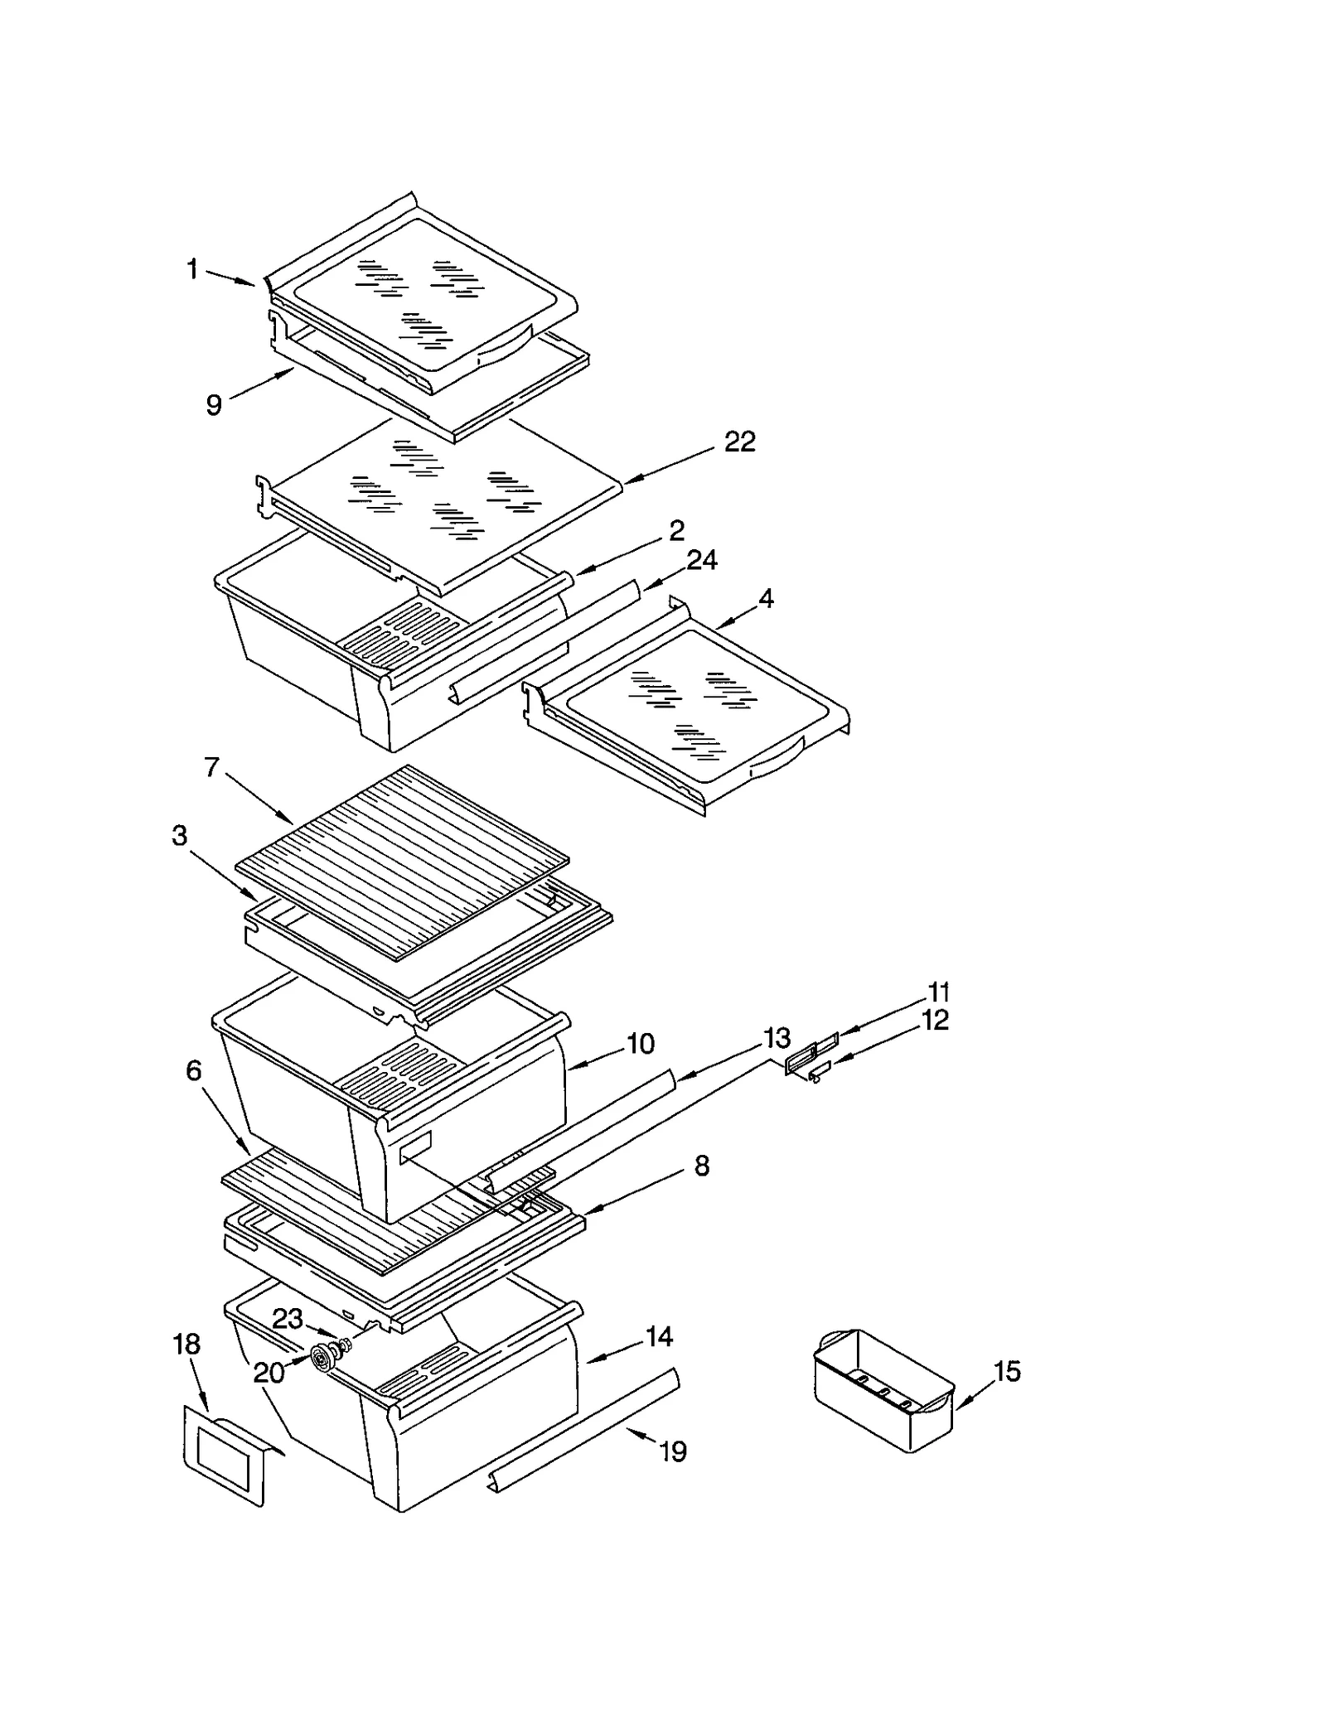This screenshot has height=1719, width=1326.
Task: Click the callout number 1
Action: [x=192, y=269]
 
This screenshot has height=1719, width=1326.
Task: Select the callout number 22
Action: [x=739, y=442]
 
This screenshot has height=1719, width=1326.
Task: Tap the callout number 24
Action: [x=702, y=561]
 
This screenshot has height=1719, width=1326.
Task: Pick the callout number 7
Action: [x=212, y=768]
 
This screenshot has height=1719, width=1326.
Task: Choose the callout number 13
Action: [x=777, y=1037]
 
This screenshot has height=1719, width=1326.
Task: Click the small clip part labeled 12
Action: [x=816, y=1074]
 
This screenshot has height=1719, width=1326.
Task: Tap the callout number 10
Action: [x=640, y=1043]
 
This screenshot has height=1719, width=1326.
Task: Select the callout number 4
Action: [x=766, y=598]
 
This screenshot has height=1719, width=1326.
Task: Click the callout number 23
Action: [x=288, y=1318]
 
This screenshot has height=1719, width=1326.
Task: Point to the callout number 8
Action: [x=701, y=1166]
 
